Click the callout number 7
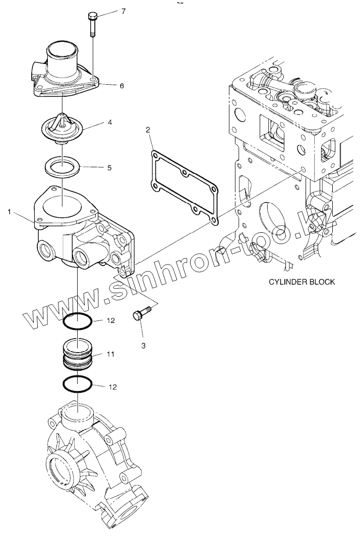pyautogui.click(x=123, y=11)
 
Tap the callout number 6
pyautogui.click(x=122, y=86)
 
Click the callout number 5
pyautogui.click(x=109, y=167)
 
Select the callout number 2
pyautogui.click(x=148, y=130)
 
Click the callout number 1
pyautogui.click(x=9, y=213)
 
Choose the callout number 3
pyautogui.click(x=143, y=346)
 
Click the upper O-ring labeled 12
pyautogui.click(x=78, y=321)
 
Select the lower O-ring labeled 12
pyautogui.click(x=78, y=384)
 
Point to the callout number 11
pyautogui.click(x=110, y=355)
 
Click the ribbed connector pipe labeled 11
pyautogui.click(x=78, y=353)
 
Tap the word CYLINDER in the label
pyautogui.click(x=285, y=282)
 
